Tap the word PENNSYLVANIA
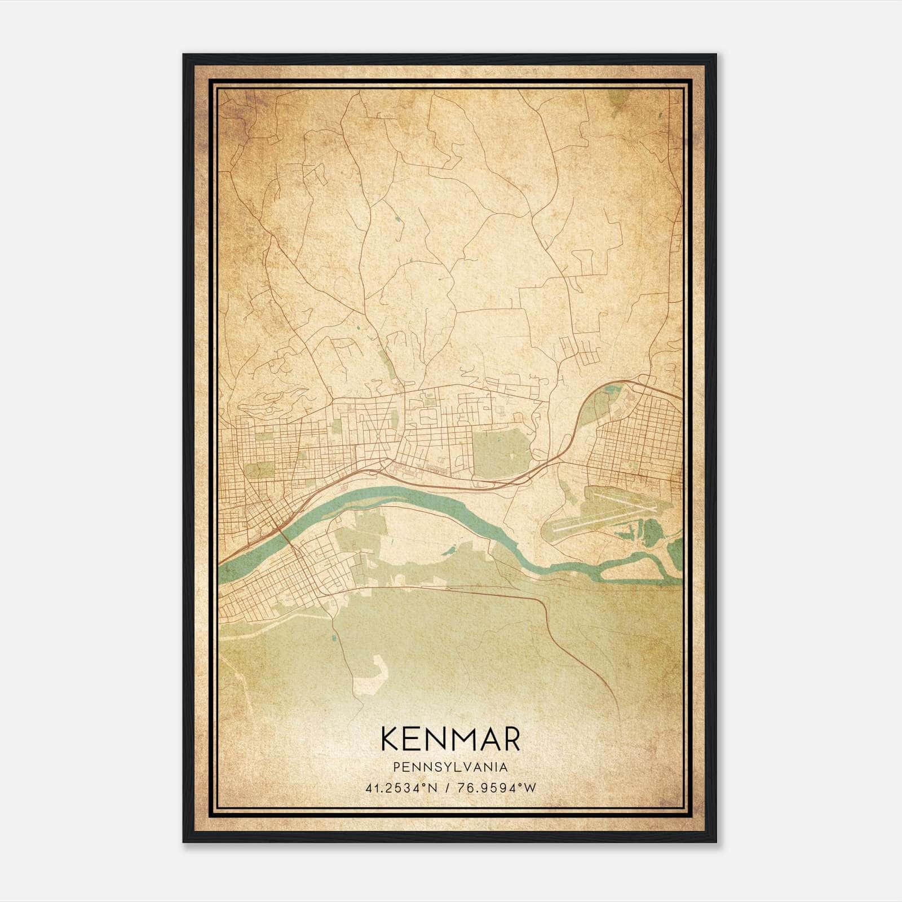click(450, 767)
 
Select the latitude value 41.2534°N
click(401, 788)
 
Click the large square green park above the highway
click(501, 454)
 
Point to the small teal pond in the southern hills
click(334, 638)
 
